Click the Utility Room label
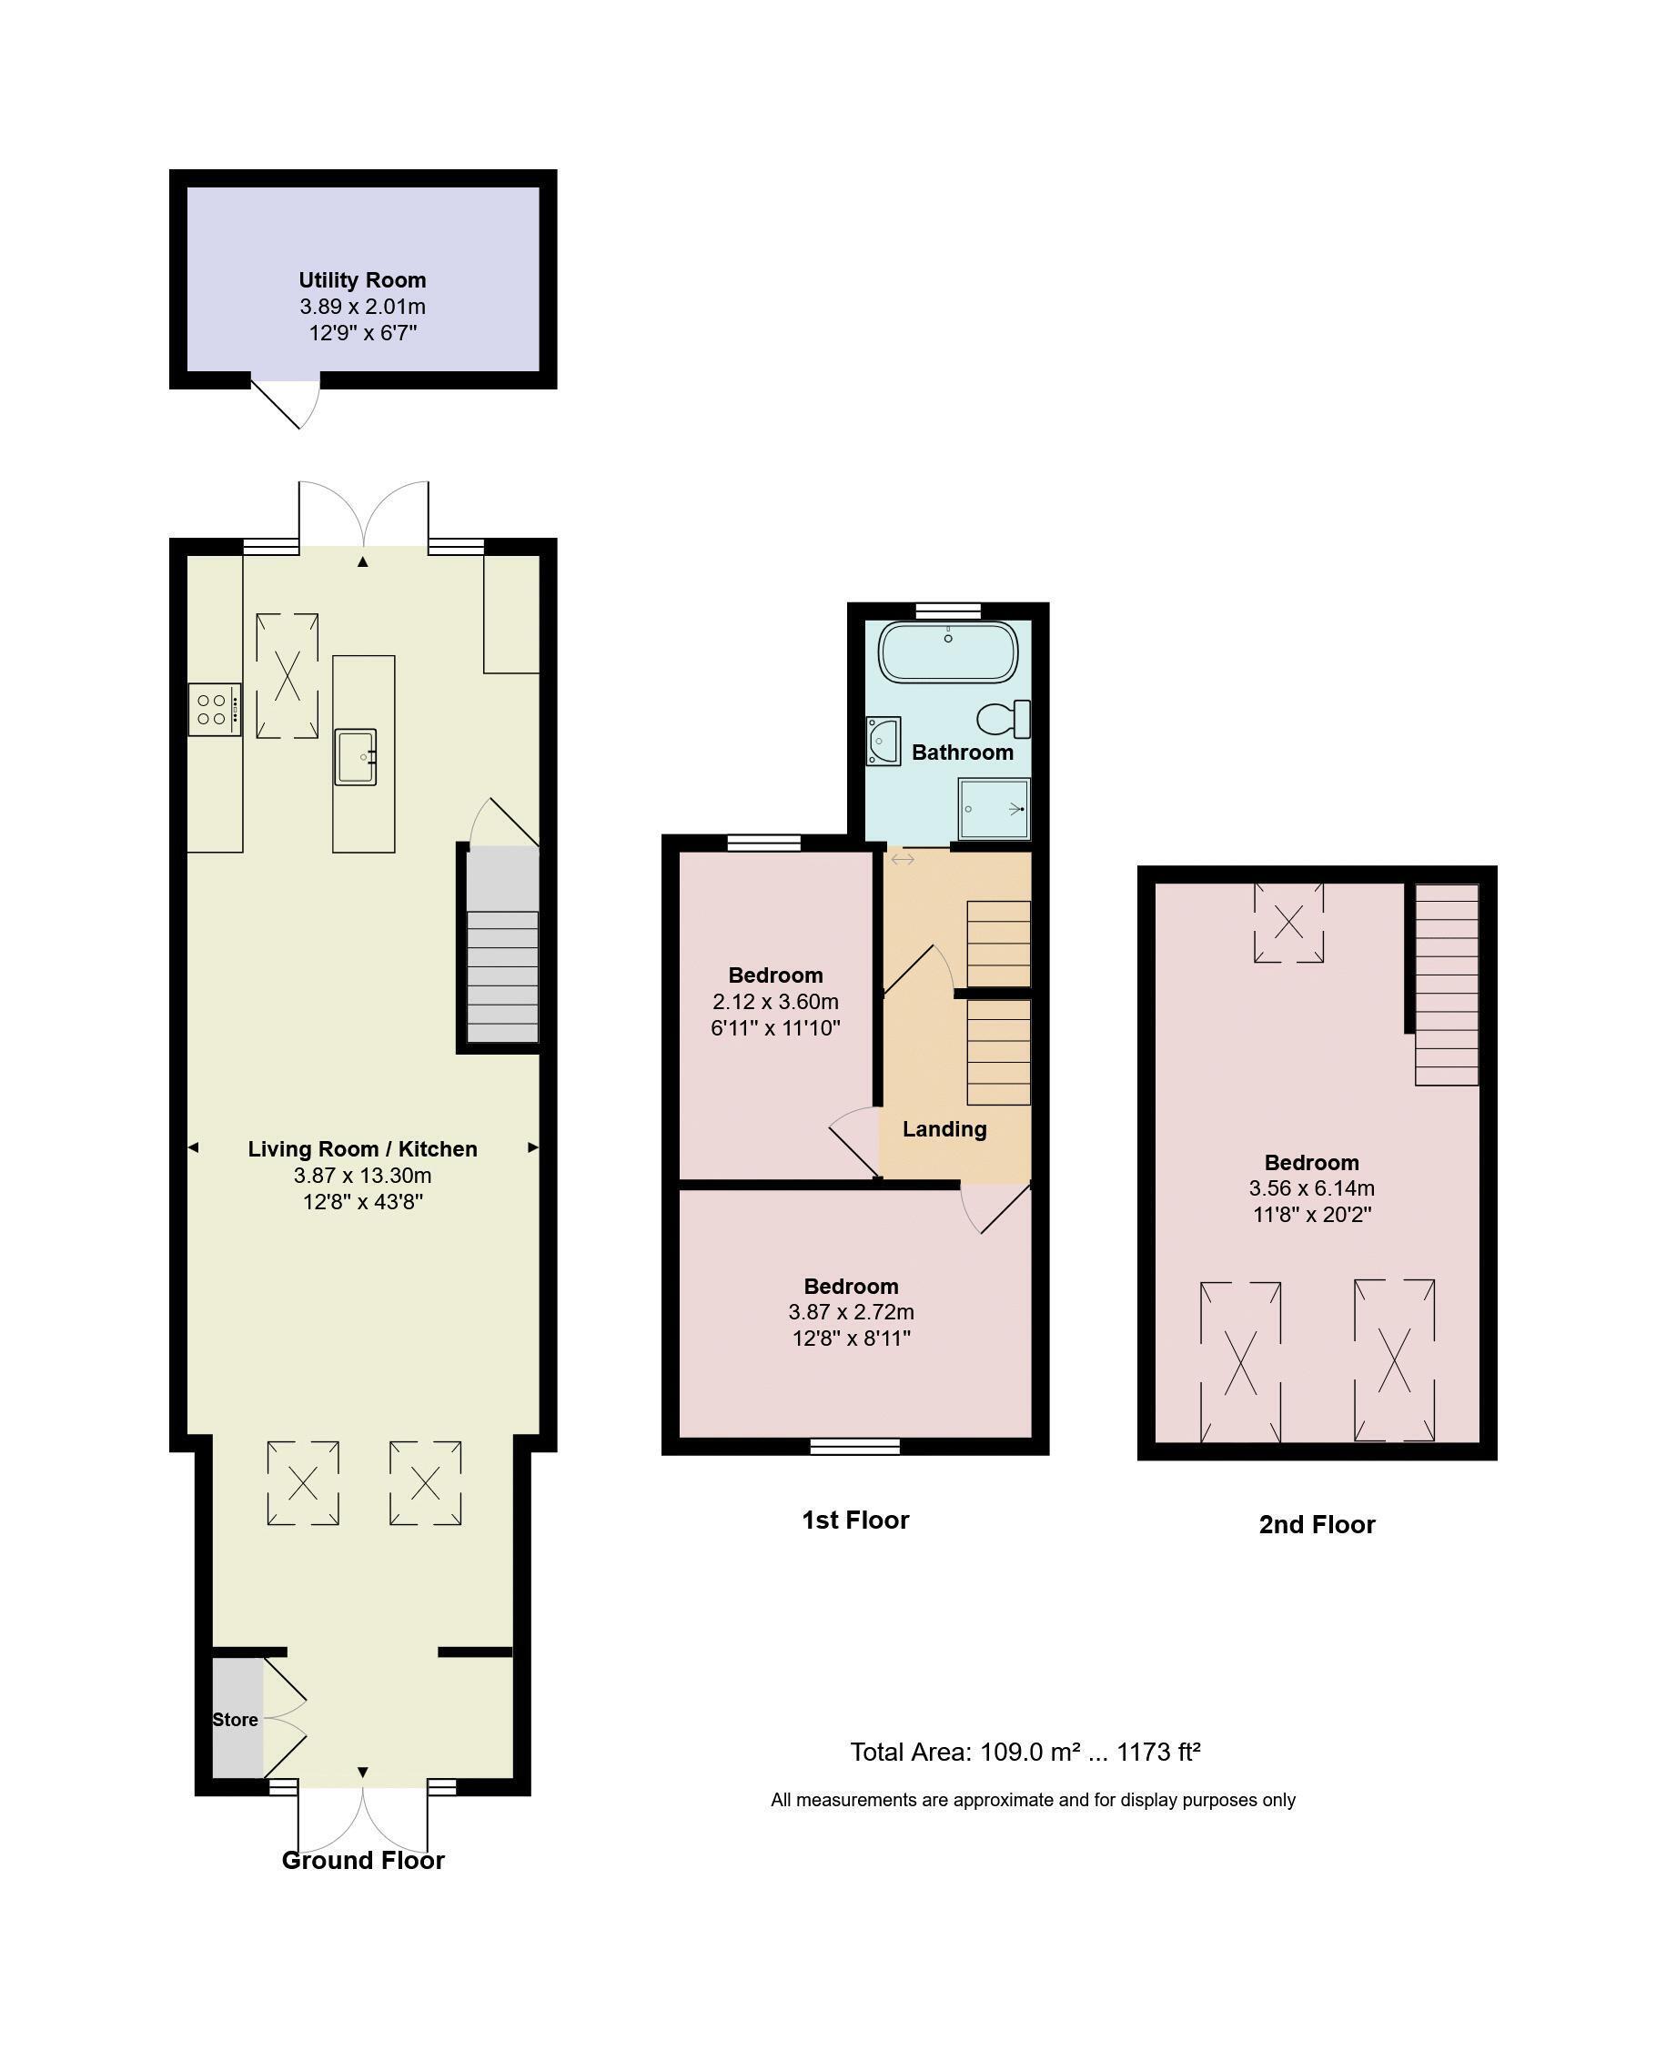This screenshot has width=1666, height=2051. [362, 280]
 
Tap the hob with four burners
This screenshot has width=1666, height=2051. [214, 709]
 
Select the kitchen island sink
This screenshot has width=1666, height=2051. [355, 756]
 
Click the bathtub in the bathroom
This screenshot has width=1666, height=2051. [947, 652]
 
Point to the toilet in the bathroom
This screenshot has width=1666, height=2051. [1004, 719]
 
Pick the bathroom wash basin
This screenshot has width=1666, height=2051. [883, 741]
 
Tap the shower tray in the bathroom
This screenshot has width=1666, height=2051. [994, 808]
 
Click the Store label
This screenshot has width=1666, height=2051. [235, 1720]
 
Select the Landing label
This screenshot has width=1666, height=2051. [944, 1128]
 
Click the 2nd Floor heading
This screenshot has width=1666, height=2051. [1317, 1524]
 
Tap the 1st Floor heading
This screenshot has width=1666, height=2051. [855, 1520]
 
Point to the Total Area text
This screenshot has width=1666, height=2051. [1025, 1752]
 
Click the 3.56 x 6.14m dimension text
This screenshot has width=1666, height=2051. [1311, 1188]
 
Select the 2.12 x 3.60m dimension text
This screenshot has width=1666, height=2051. [775, 1002]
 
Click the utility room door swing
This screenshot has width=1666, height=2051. [285, 403]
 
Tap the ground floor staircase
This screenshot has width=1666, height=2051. [502, 945]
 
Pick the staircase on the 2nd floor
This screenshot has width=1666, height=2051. [1446, 985]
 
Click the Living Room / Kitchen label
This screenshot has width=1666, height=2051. [362, 1149]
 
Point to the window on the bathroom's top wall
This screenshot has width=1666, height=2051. [947, 610]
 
